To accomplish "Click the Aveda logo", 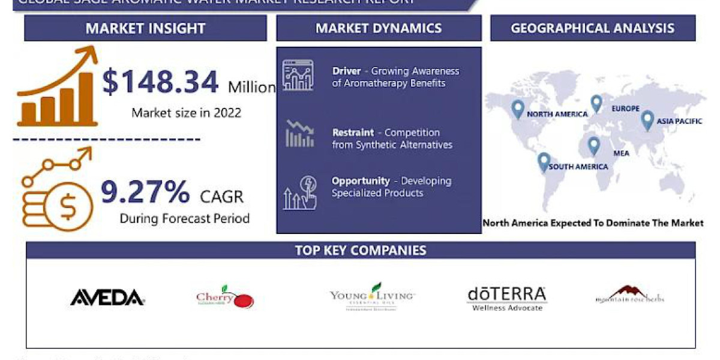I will tap(107, 297).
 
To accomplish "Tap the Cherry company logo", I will tap(224, 298).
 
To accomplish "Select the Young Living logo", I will tap(373, 296).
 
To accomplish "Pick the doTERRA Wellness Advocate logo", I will tap(506, 298).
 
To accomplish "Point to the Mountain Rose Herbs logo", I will tap(629, 295).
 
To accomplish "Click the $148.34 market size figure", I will tap(160, 82).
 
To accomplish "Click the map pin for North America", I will tap(517, 109).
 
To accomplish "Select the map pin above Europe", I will tap(596, 103).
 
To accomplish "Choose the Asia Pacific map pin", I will tap(647, 120).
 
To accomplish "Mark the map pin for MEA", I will tap(593, 146).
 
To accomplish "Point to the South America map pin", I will tap(544, 162).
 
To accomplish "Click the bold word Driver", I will tap(347, 71).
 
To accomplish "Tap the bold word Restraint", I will tap(353, 133).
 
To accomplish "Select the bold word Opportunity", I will tap(361, 181).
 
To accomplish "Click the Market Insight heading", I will tap(145, 28).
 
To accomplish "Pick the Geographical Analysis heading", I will tap(592, 28).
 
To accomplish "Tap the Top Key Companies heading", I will tap(361, 250).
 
